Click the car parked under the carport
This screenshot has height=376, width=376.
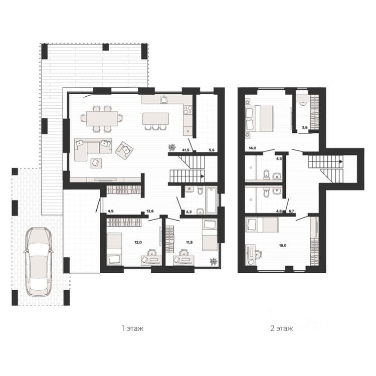point(39,262)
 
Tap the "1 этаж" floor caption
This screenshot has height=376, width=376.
point(133,328)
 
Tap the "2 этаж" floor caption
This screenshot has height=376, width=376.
point(282,328)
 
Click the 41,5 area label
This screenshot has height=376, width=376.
point(185,150)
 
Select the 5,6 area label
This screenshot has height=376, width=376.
point(212,150)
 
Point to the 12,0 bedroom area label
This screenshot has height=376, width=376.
point(138,243)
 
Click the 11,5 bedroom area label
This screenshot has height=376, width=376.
point(189,243)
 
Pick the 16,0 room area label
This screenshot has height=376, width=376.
point(283,246)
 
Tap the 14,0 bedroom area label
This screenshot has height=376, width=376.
point(253,148)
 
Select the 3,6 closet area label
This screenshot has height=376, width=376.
point(305,127)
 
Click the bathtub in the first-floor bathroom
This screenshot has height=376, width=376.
point(211,201)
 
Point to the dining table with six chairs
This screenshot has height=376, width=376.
point(102,118)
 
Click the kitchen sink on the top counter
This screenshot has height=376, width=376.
point(164,99)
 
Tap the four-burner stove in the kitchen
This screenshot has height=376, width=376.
point(188,110)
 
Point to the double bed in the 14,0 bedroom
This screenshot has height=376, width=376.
point(259,118)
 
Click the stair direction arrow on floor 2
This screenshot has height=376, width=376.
point(341,162)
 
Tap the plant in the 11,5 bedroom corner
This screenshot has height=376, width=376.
point(213,261)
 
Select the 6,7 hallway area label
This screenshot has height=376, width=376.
point(292,211)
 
